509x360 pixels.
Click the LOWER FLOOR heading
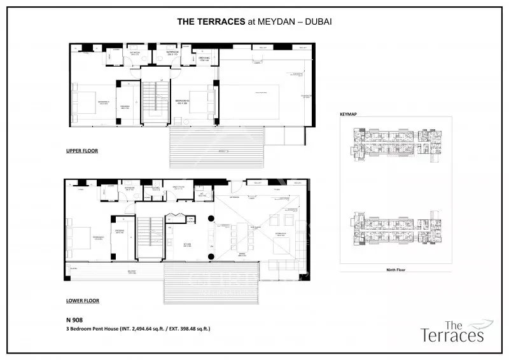click(82, 300)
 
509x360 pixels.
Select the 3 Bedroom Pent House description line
click(137, 329)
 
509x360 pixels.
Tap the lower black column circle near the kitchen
click(211, 256)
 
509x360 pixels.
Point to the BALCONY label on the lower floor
click(132, 271)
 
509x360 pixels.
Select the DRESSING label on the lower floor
click(119, 233)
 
